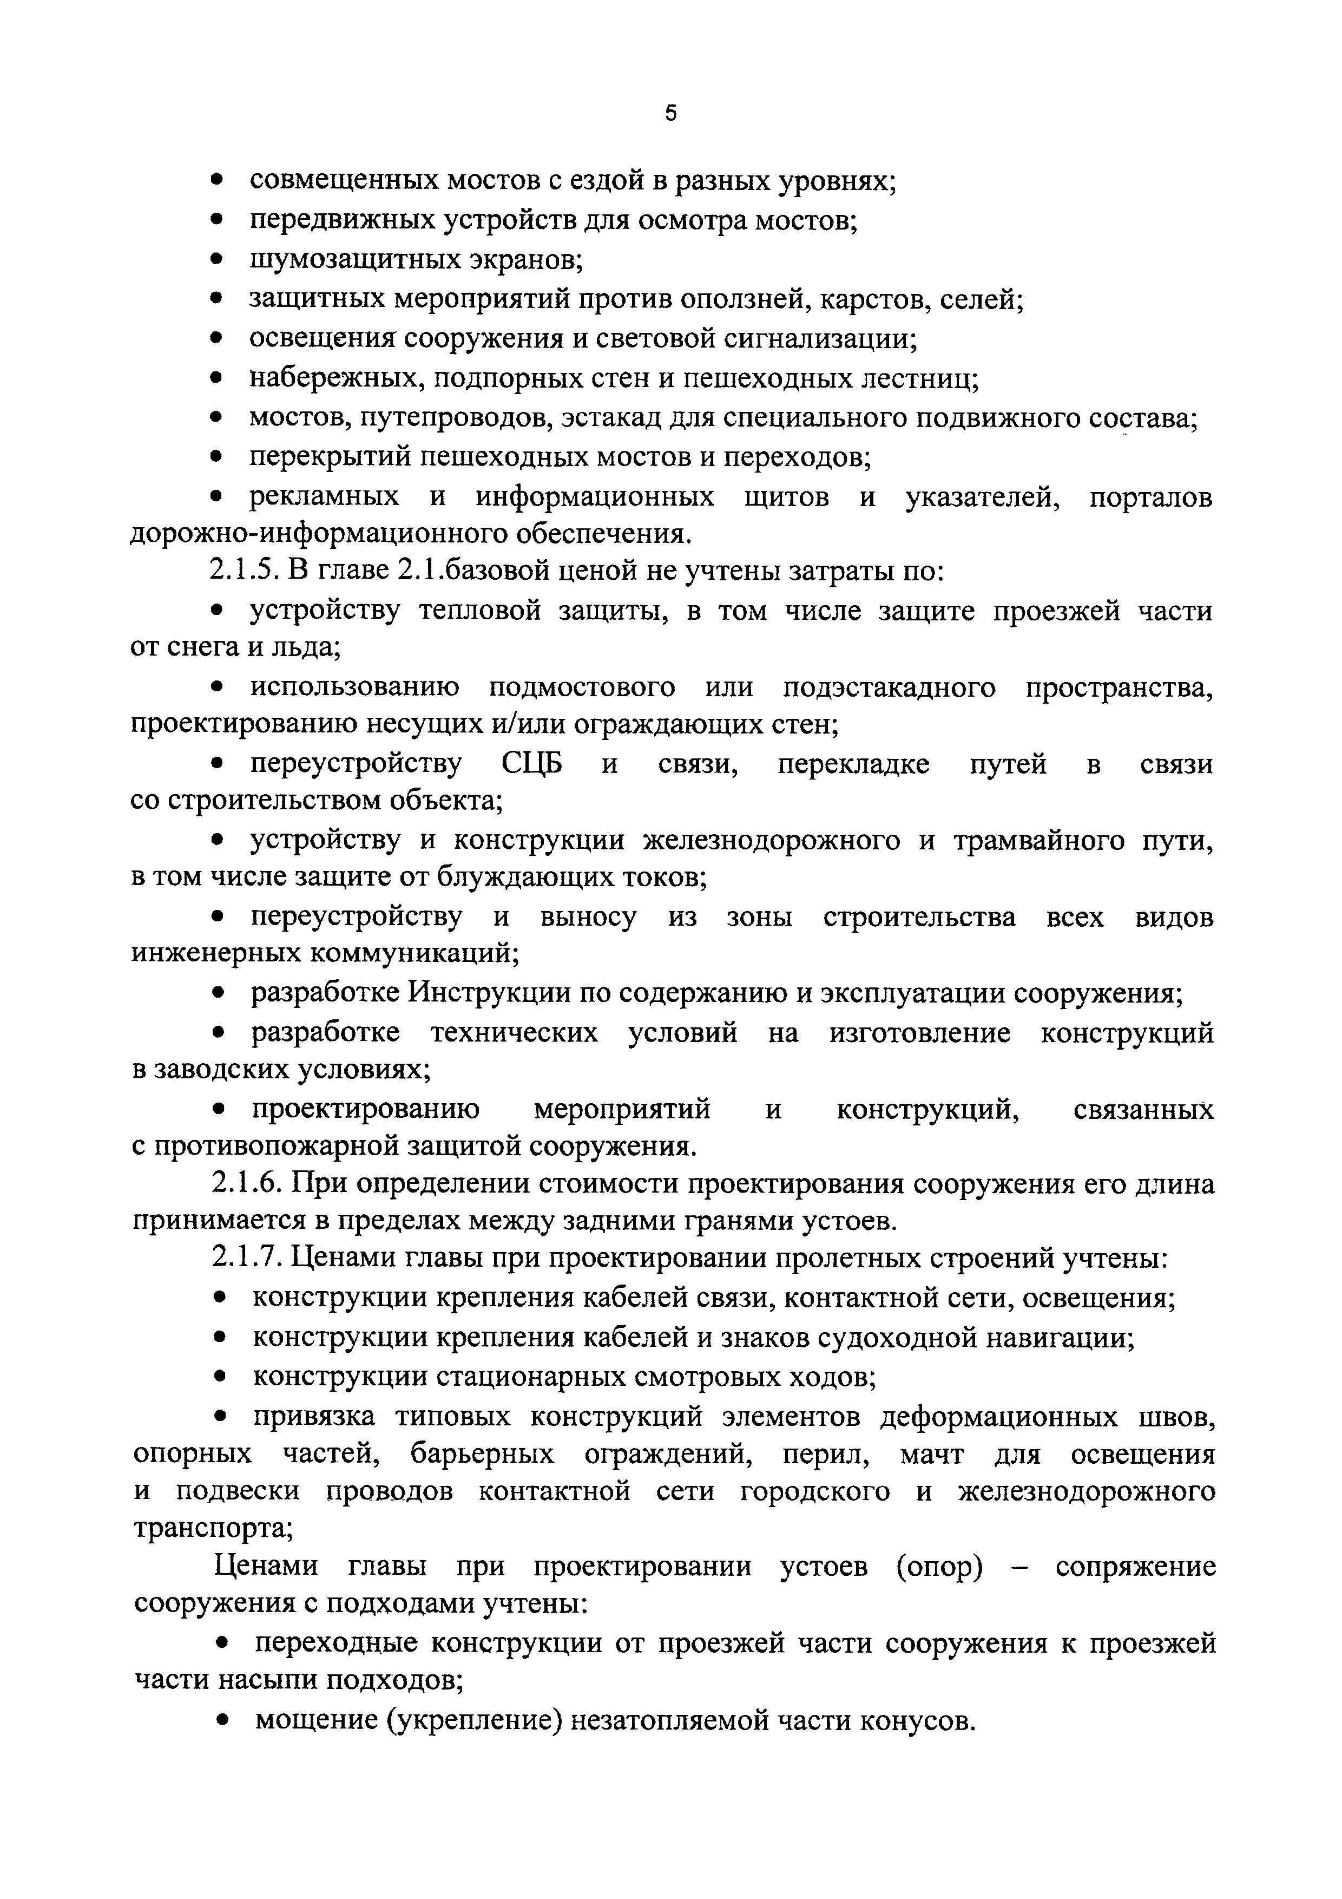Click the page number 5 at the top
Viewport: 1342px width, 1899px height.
coord(670,113)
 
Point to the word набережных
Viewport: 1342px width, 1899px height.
coord(335,379)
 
